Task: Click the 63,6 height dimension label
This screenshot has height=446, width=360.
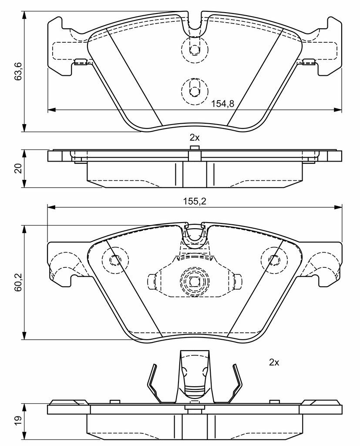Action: (18, 71)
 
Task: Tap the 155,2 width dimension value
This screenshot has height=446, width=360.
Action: (195, 202)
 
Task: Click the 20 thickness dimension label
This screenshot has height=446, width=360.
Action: (18, 169)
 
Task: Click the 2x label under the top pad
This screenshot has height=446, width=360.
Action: (194, 137)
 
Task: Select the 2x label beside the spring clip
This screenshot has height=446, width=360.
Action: (273, 362)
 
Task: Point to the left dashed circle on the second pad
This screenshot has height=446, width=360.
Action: (115, 260)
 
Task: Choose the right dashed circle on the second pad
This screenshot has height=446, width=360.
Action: (274, 260)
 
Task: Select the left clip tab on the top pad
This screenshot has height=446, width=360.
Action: (81, 62)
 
